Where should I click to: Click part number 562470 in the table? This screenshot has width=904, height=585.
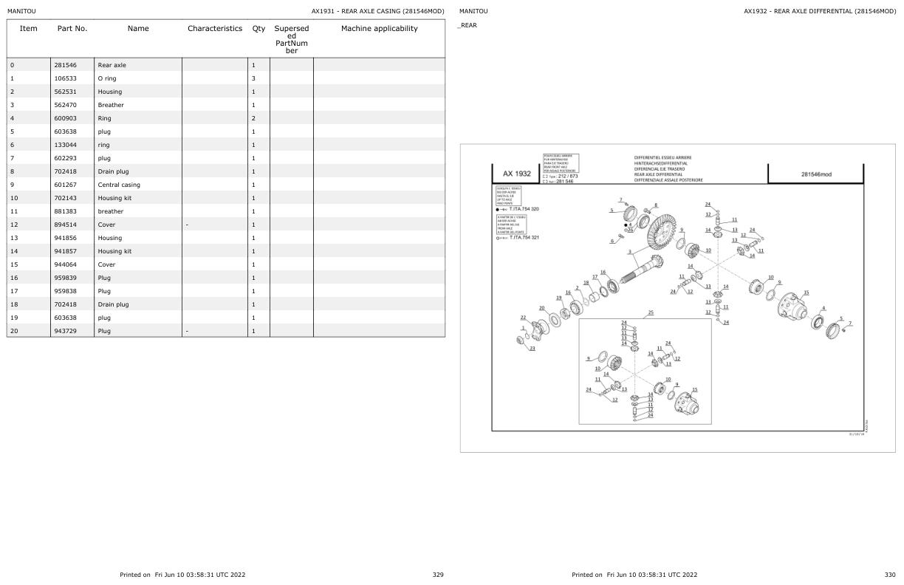[66, 105]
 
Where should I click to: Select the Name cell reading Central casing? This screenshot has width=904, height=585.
[118, 185]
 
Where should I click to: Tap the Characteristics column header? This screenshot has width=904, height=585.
[214, 29]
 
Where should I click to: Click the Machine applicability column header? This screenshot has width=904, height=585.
[379, 29]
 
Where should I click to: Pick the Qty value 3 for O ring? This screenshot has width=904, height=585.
[253, 78]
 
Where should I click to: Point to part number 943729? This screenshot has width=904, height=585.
[66, 331]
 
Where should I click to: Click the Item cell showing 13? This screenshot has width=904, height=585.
[13, 238]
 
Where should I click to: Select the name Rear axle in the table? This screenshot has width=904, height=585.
[112, 65]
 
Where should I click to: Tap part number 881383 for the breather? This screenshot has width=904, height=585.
[66, 211]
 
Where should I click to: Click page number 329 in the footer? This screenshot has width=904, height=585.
[438, 574]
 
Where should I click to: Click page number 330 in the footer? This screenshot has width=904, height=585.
[889, 574]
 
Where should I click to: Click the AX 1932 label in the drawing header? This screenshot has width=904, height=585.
[517, 174]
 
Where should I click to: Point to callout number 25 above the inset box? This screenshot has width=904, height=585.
[650, 312]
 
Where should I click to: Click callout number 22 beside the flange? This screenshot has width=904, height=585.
[524, 318]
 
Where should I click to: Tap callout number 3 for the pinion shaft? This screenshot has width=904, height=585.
[629, 252]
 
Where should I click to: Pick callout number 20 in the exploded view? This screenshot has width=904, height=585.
[541, 308]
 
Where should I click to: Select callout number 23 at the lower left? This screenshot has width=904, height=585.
[533, 349]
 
